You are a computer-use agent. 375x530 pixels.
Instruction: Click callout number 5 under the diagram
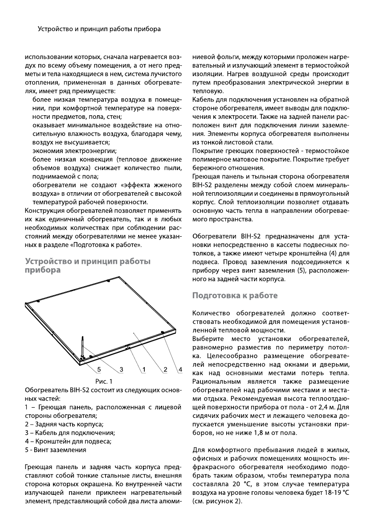point(99,369)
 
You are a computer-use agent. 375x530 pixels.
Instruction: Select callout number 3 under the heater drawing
point(121,369)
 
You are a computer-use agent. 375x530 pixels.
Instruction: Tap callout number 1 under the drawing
point(144,369)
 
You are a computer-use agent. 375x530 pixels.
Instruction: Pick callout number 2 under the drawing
point(165,369)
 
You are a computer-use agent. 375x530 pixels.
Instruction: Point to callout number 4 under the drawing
point(180,369)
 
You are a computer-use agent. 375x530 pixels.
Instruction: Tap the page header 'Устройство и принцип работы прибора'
point(99,29)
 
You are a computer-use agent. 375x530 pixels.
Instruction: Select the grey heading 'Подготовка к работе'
point(235,295)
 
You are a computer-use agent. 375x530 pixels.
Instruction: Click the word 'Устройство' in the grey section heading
point(47,261)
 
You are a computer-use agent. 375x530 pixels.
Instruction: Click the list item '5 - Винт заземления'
point(56,450)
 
